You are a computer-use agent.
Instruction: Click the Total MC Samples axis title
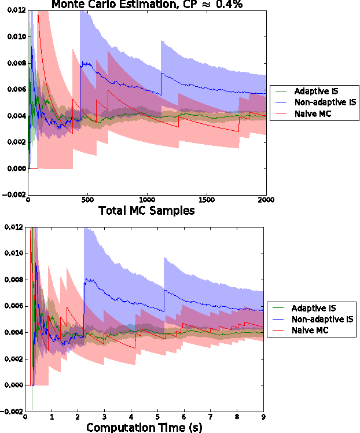click(x=146, y=211)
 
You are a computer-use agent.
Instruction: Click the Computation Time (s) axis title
click(x=145, y=427)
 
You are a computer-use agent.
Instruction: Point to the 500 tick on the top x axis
click(x=87, y=200)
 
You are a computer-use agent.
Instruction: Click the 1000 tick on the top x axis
click(x=147, y=200)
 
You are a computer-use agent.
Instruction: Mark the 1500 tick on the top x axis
click(x=207, y=200)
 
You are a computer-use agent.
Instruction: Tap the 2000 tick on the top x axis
click(x=266, y=200)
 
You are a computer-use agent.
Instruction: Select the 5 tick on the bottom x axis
click(x=158, y=417)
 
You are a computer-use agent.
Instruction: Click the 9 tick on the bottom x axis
click(x=264, y=417)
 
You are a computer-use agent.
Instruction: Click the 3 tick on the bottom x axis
click(x=105, y=417)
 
